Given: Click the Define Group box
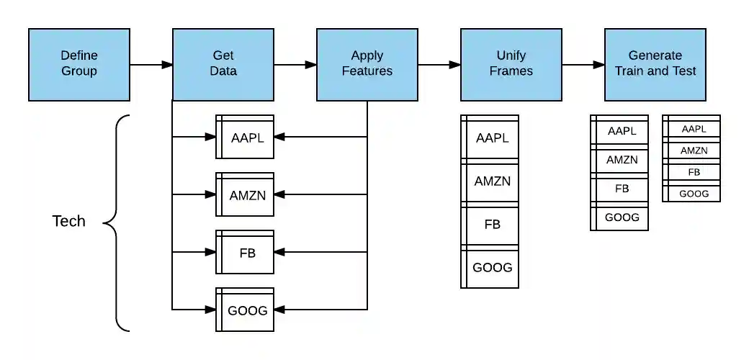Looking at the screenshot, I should coord(79,64).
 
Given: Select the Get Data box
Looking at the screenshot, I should coord(223,64).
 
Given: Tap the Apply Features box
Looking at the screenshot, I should coord(367,64).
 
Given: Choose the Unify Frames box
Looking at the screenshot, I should coord(511,64).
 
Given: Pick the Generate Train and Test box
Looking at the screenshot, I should coord(655,64).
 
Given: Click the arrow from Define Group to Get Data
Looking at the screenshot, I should coord(151,65).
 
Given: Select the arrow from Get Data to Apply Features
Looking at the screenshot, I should coord(295,65).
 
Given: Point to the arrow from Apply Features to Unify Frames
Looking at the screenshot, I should coord(439,65).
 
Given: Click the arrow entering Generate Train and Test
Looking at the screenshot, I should coord(583,65).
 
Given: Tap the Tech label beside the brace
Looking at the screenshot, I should coord(69,221).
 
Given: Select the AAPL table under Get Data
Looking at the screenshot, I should coord(245,137).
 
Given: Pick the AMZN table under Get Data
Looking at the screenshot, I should coord(245,194).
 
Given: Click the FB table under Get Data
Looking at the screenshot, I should coord(245,252).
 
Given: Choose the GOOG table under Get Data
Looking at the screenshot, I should coord(245,310).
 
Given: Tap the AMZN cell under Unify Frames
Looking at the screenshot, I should coord(492,181).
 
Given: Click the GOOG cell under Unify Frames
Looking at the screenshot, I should coord(492,267).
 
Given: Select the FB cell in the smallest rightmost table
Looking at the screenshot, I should coord(694,173).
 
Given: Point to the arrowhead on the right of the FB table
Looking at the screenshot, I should coord(280,252).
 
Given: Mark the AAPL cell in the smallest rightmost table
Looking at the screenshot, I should coord(694,129).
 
